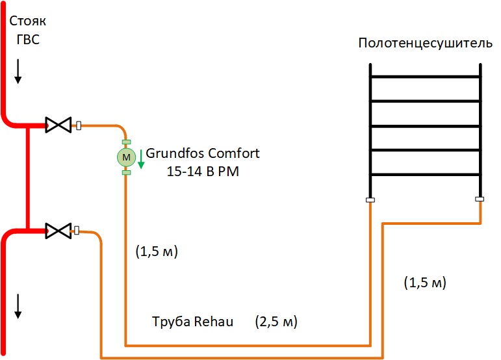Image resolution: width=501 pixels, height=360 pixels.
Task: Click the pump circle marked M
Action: (x=126, y=157)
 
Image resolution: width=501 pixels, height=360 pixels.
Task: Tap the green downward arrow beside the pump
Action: (x=140, y=159)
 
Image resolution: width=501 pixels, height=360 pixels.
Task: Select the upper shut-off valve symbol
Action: (x=58, y=125)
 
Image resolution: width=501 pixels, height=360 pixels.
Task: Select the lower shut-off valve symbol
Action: (x=58, y=229)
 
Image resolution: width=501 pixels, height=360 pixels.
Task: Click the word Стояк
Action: (x=28, y=21)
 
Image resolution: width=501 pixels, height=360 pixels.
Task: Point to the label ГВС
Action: (x=28, y=40)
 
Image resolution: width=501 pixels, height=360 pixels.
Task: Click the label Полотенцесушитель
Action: (x=421, y=44)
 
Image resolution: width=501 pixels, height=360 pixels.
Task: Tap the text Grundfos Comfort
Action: (x=203, y=154)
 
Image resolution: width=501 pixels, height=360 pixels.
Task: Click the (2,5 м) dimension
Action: (x=277, y=322)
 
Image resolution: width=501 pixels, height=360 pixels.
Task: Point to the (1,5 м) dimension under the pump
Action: (x=156, y=251)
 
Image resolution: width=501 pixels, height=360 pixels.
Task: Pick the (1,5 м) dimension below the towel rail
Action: (x=425, y=282)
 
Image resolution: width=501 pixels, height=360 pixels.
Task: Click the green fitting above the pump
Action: (x=126, y=142)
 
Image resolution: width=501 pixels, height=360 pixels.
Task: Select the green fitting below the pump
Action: (x=126, y=172)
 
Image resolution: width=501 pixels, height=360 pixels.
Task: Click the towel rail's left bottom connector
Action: (x=369, y=199)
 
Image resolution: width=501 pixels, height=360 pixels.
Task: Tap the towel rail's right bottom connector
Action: (x=480, y=199)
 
